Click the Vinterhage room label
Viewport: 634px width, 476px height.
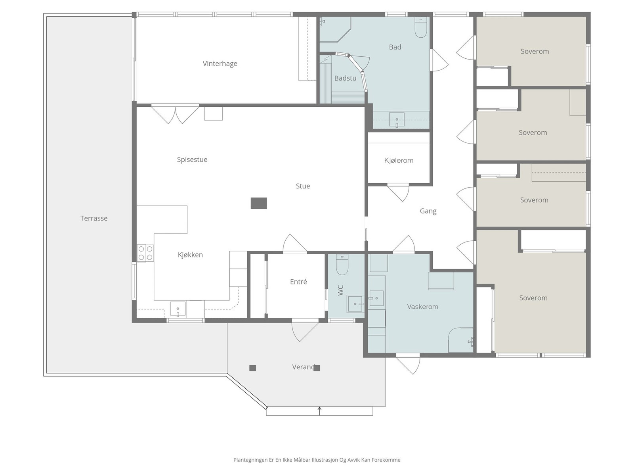click(x=220, y=63)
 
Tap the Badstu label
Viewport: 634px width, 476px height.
click(x=345, y=78)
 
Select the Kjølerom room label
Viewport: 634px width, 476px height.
click(x=399, y=160)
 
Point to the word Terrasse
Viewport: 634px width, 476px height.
click(x=94, y=218)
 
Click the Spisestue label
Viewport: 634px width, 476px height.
click(x=192, y=159)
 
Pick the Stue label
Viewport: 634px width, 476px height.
click(x=303, y=186)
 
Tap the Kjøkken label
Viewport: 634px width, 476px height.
click(x=190, y=255)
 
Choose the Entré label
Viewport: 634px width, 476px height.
click(x=298, y=282)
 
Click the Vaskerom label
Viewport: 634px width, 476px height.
click(x=422, y=307)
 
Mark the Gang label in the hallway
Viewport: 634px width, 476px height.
click(x=428, y=211)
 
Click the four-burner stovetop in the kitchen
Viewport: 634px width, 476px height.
click(x=145, y=253)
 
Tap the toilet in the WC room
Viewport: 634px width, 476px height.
click(x=342, y=265)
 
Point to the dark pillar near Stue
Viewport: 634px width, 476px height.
click(x=258, y=203)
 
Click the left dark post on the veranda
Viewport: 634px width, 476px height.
click(x=252, y=368)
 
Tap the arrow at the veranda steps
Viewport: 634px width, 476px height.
click(x=319, y=411)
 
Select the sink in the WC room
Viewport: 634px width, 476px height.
click(x=355, y=303)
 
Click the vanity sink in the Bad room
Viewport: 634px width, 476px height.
click(x=397, y=120)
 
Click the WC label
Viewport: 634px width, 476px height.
click(x=341, y=290)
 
